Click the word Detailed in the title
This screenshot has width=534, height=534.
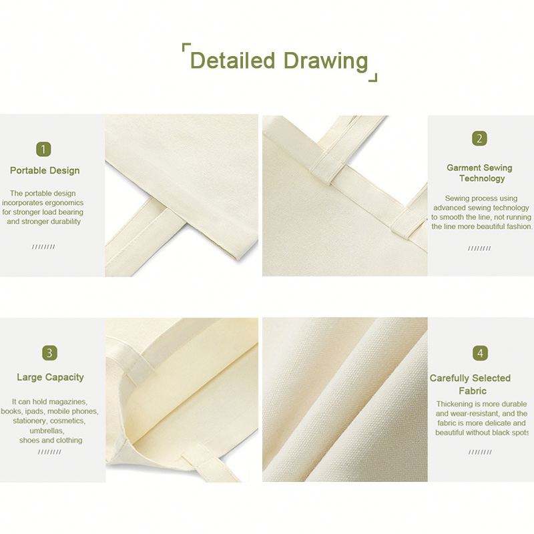[x=232, y=60]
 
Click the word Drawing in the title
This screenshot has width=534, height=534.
[x=326, y=61]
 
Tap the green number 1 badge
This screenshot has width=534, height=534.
[x=43, y=150]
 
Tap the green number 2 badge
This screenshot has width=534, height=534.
[x=479, y=139]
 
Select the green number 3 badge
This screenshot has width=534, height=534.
[x=49, y=353]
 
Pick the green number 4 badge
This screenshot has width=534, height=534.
[x=480, y=353]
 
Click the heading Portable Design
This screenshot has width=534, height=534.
[x=45, y=171]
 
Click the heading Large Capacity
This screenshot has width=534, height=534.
[x=51, y=377]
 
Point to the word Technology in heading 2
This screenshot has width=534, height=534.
[x=482, y=178]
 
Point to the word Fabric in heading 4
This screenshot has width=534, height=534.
[x=473, y=390]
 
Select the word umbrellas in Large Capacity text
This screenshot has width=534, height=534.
[x=47, y=431]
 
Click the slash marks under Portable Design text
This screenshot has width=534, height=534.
[x=43, y=247]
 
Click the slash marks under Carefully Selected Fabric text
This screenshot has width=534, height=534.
[x=480, y=453]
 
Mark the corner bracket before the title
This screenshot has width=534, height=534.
[x=185, y=45]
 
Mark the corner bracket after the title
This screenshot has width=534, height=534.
[x=374, y=79]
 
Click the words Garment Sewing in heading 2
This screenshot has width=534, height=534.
[x=479, y=168]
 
